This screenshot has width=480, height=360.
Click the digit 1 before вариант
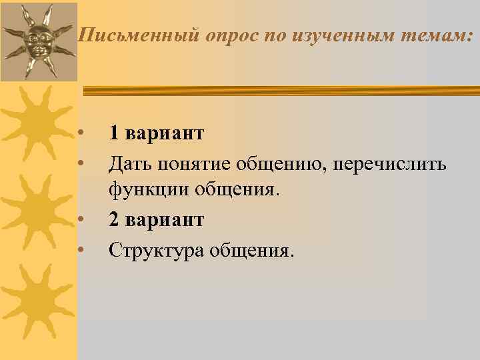(114, 133)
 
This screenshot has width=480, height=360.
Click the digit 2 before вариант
(114, 219)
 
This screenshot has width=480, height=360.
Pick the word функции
(149, 191)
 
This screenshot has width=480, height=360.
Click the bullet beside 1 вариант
(79, 133)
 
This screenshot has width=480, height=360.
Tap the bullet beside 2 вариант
(79, 219)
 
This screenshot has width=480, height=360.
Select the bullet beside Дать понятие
(79, 162)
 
